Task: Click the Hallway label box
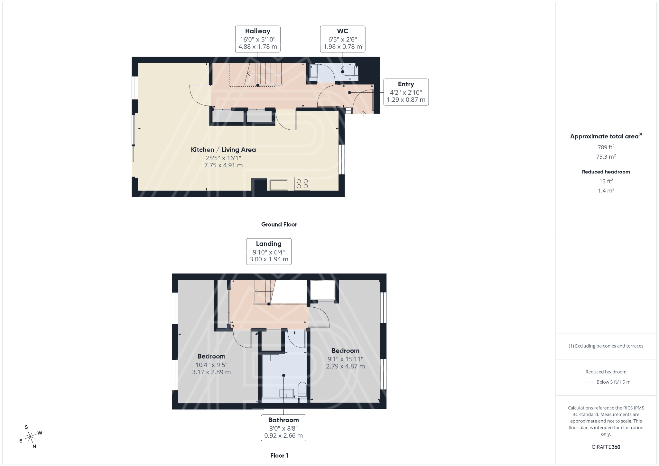coord(257,39)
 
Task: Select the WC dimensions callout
coord(342,39)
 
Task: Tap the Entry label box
coord(406,92)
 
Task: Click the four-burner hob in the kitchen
coord(302,184)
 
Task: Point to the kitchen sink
coord(279,185)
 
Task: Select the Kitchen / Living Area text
coord(223,150)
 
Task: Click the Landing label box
coord(269,252)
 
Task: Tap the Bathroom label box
coord(283,428)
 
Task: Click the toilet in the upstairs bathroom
coord(302,390)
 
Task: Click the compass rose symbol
coord(30,437)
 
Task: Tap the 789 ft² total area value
coord(606,147)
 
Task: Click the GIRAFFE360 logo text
coord(606,447)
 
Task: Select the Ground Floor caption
coord(279,224)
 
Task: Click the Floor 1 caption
coord(279,455)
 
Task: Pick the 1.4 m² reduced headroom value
coord(606,191)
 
